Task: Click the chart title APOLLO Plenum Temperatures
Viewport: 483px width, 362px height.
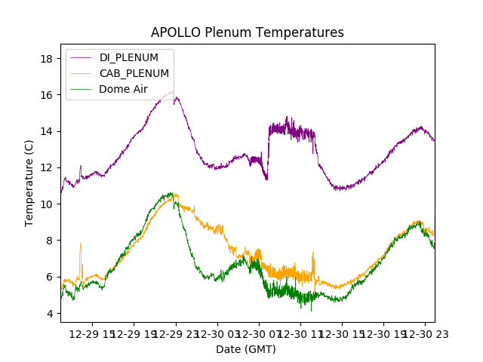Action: pos(247,32)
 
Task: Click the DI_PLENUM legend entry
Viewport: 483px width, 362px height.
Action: pos(129,57)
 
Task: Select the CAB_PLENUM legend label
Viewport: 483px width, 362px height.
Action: pos(134,73)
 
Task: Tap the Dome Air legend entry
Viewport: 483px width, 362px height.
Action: pos(123,89)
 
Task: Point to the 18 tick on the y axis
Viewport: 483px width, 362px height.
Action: pos(45,59)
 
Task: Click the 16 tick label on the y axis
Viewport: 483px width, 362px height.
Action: pos(45,95)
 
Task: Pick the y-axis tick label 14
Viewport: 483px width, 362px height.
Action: pos(45,131)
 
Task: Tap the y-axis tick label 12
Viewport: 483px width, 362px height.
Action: pos(45,167)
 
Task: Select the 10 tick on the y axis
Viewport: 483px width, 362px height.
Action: pos(45,204)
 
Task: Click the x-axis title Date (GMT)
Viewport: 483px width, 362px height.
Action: pos(246,349)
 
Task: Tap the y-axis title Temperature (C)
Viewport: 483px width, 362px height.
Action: pos(29,183)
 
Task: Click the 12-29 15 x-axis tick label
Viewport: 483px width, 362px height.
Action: pos(93,334)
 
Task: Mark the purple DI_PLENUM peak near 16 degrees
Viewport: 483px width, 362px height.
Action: pos(173,91)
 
